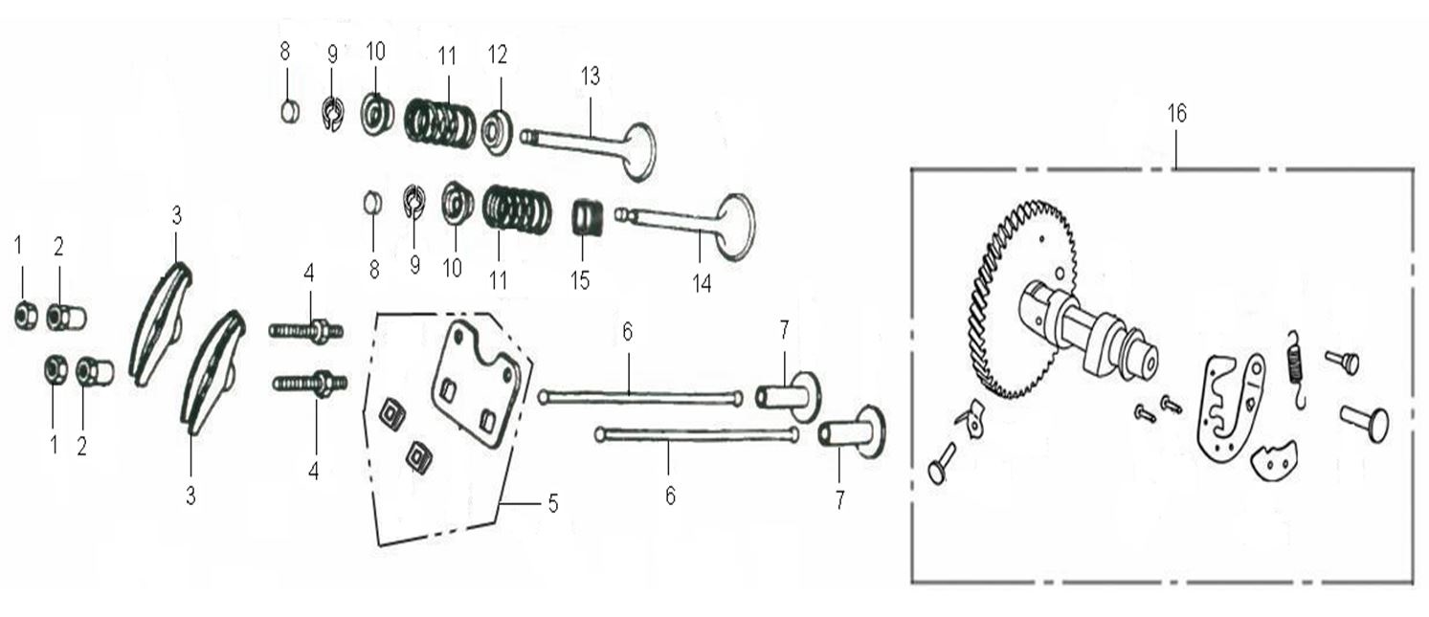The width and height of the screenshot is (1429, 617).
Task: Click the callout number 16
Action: click(x=1177, y=114)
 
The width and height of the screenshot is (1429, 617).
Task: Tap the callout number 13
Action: click(x=591, y=77)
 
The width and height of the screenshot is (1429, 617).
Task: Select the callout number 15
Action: click(x=580, y=280)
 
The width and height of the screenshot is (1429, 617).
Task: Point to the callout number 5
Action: click(x=553, y=504)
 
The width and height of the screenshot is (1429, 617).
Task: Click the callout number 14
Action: click(x=702, y=284)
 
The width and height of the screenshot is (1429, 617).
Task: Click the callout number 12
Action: click(x=498, y=55)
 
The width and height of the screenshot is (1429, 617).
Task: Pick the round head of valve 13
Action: click(x=640, y=152)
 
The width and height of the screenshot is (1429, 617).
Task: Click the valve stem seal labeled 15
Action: click(x=587, y=219)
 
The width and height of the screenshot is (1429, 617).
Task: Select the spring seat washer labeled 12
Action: click(x=497, y=132)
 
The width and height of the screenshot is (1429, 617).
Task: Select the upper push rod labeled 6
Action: click(x=640, y=398)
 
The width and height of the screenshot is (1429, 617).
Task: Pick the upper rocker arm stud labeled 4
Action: click(x=306, y=331)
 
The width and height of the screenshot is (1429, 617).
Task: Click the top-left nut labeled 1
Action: click(x=26, y=315)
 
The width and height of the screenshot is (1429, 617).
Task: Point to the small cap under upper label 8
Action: click(x=290, y=112)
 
